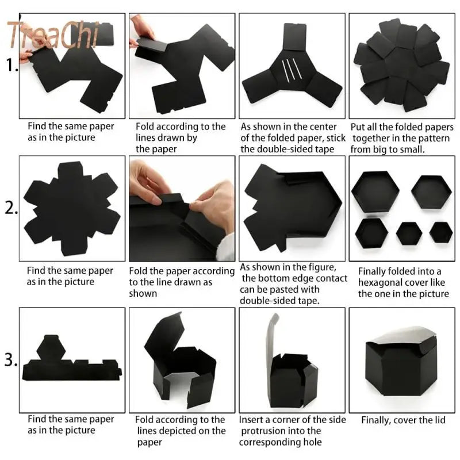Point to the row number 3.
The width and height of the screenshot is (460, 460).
(x=10, y=361)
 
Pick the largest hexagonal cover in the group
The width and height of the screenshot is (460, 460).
(x=375, y=191)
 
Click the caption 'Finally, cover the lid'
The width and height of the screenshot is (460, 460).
(x=403, y=420)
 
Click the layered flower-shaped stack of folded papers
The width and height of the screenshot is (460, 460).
(x=401, y=64)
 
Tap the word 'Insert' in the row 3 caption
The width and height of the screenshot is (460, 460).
(x=252, y=420)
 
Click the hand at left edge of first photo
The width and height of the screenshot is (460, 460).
(x=26, y=55)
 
